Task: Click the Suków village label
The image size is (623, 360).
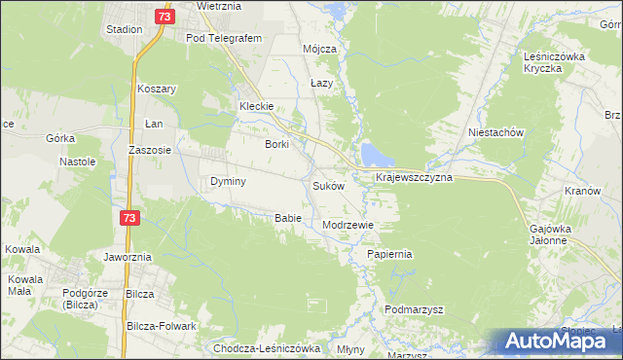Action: (x=328, y=185)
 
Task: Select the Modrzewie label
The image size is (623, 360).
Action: (x=348, y=224)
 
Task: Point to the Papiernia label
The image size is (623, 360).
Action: (x=389, y=253)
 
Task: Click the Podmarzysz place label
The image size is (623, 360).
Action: (x=414, y=308)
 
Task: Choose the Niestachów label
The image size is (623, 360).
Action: (x=496, y=131)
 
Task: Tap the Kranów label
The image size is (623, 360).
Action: (x=581, y=191)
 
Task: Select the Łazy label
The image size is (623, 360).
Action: (x=321, y=83)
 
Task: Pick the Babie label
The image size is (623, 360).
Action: (x=287, y=217)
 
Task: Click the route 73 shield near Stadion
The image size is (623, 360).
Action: (x=164, y=17)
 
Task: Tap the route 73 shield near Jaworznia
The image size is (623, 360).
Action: (x=130, y=219)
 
